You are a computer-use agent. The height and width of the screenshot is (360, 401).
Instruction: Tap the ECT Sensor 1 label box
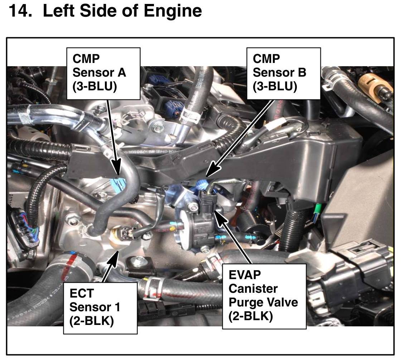[x=100, y=308]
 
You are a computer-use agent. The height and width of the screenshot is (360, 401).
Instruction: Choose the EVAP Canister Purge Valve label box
[x=264, y=296]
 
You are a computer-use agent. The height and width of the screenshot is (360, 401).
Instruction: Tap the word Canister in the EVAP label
[x=253, y=288]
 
